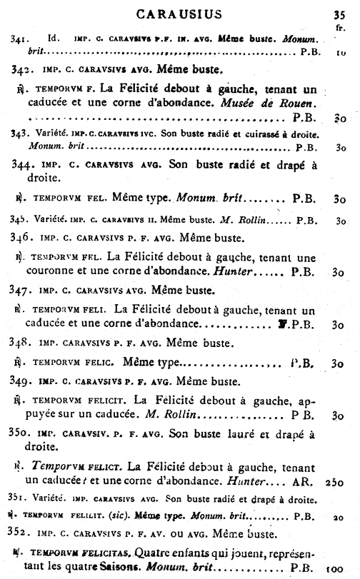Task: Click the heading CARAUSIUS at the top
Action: tap(179, 12)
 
